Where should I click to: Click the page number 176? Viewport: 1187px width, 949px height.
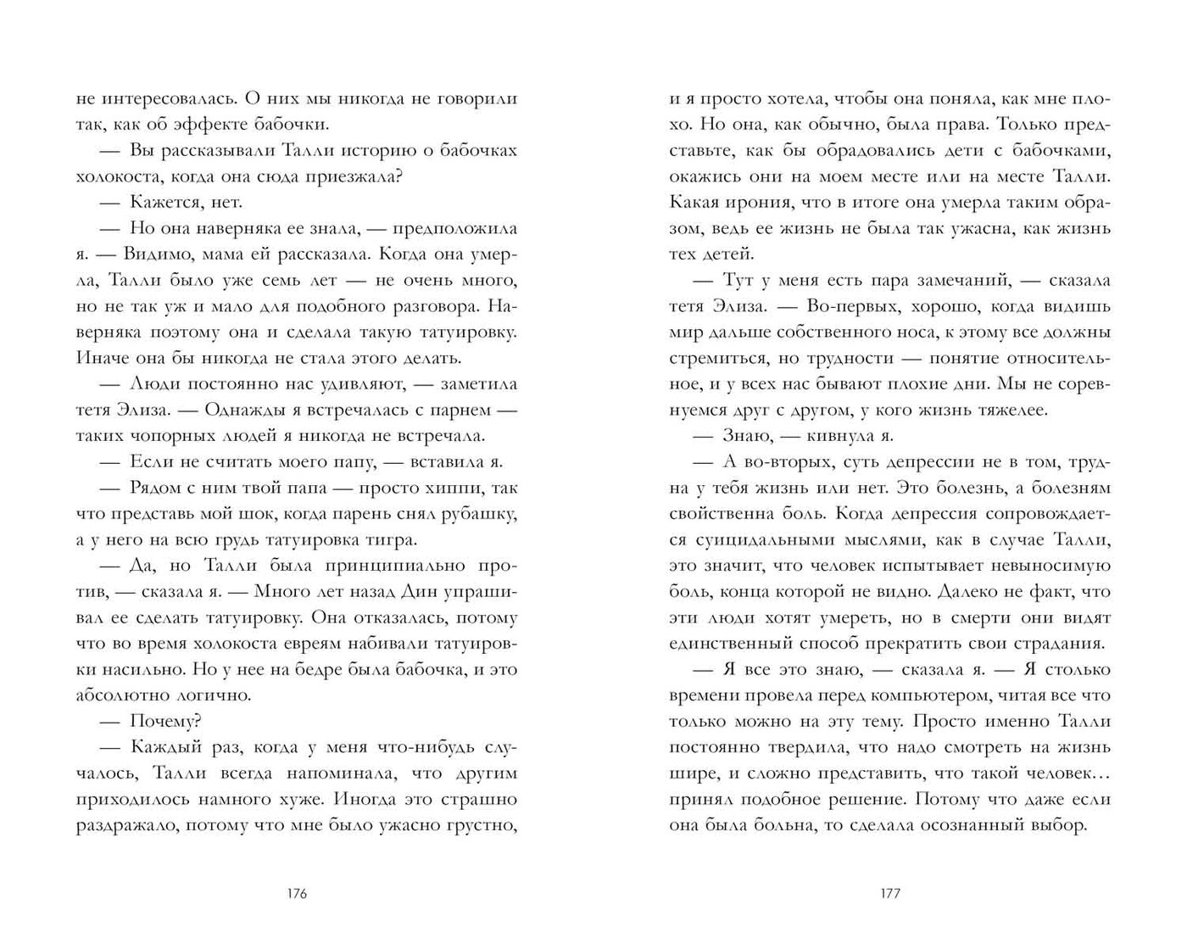296,894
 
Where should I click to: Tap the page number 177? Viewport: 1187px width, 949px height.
889,894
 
